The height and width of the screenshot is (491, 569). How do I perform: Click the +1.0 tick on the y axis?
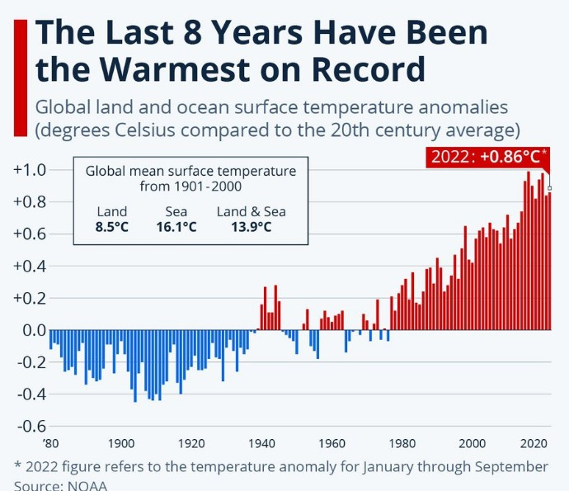30,170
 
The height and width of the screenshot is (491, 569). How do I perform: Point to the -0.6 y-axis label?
31,426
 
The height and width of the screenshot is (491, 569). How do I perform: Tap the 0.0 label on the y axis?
34,330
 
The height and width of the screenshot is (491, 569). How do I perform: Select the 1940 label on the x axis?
261,443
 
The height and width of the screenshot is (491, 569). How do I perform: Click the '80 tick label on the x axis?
50,443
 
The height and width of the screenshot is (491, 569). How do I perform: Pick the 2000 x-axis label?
473,443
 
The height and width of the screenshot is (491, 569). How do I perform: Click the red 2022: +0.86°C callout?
487,157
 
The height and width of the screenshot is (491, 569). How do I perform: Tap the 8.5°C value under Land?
112,227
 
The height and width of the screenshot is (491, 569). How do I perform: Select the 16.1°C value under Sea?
176,227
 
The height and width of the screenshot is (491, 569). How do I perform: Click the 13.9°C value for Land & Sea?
252,227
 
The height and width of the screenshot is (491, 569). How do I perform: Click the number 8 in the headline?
194,32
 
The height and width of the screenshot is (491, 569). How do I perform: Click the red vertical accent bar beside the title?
21,78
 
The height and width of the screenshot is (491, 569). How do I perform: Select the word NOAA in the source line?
87,486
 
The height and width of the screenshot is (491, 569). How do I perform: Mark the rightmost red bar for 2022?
549,261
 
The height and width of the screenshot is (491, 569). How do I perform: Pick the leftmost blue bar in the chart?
51,339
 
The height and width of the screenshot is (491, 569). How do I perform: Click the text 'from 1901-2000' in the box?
190,186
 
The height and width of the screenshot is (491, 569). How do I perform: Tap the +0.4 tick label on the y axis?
30,267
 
